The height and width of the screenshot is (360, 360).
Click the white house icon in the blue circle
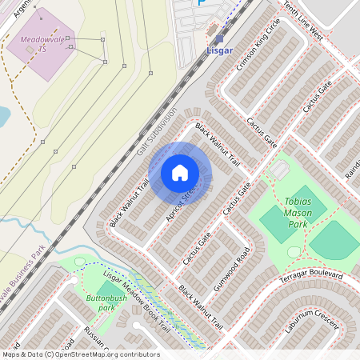click(180, 172)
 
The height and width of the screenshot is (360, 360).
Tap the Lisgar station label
click(219, 50)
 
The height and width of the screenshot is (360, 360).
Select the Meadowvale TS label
click(41, 44)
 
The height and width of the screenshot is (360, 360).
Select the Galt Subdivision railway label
click(156, 132)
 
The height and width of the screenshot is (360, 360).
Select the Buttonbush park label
click(102, 302)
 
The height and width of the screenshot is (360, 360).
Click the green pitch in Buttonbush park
click(107, 288)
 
